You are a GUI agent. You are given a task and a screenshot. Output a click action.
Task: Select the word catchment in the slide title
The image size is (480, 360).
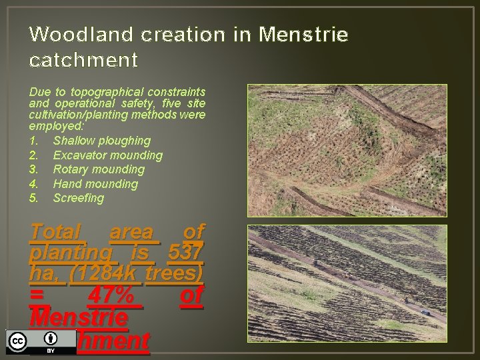coord(83,61)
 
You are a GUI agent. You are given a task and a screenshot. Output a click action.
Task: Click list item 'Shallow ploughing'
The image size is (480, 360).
coord(101,141)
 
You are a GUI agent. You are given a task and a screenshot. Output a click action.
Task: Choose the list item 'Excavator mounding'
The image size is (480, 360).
coord(107,155)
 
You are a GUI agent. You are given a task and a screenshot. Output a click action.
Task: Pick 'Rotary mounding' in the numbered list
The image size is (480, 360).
coord(98,169)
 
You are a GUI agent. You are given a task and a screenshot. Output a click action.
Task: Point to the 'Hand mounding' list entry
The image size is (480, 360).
coord(95,184)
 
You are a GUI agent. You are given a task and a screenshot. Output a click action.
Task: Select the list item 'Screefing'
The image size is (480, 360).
coord(79,198)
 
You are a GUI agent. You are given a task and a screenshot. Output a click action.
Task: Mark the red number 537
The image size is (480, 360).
coord(186,253)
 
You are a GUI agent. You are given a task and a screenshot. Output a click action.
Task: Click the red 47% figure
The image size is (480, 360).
coord(114,295)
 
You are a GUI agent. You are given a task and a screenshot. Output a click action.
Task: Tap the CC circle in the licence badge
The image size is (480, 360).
coord(17,341)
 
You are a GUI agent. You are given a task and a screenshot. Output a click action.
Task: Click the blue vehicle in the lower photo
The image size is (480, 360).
coord(425,311)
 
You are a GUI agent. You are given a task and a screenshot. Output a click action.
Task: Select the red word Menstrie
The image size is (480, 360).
coord(78,317)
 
